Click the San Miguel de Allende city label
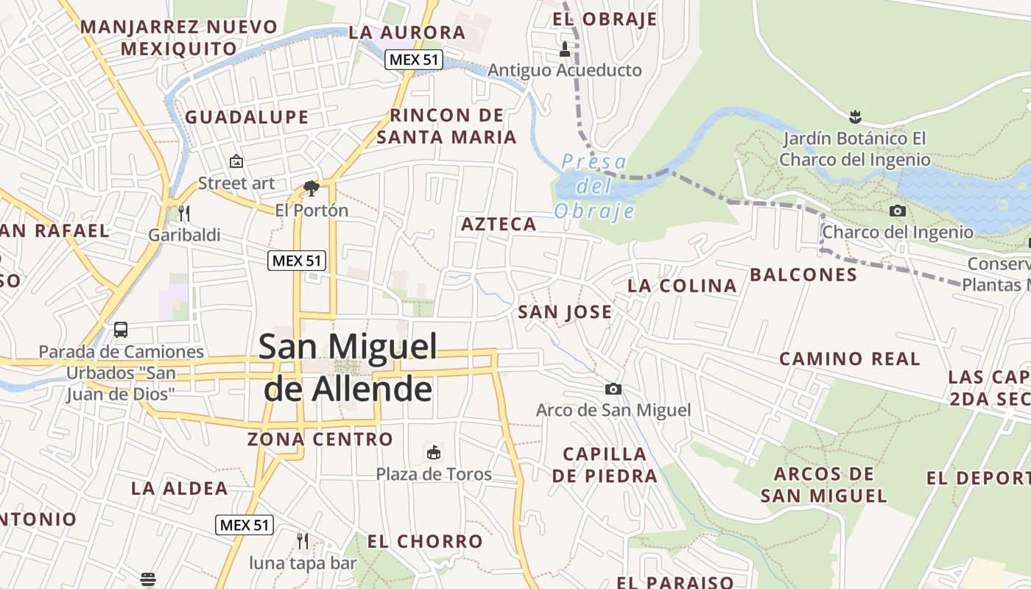coord(348,367)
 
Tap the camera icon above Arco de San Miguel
coord(613,389)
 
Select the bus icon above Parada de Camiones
coord(121,330)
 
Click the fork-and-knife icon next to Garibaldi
coord(184,214)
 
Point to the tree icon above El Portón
coord(312,188)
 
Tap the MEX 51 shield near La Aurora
coord(414,60)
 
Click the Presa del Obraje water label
coord(594,186)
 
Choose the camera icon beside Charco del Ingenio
coord(897,211)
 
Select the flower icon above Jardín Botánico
coord(855,116)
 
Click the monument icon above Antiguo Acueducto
coord(565,49)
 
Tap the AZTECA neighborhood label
coord(499,225)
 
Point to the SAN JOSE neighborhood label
coord(565,312)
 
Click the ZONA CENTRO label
coord(320,440)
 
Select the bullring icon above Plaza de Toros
coord(434,451)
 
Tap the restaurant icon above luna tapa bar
coord(302,541)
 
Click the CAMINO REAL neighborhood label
coord(850,359)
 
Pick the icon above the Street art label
coord(236,161)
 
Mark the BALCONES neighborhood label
coord(803,275)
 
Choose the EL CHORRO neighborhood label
coord(425,542)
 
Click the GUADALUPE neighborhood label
coord(247,117)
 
